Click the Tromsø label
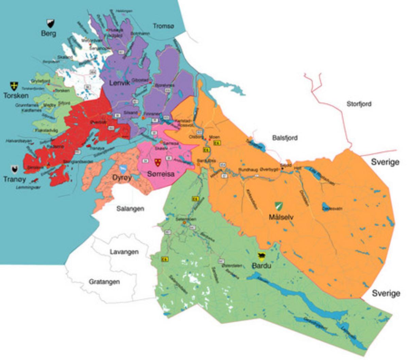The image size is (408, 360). coord(163,26)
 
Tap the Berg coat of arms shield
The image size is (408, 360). coord(50,23)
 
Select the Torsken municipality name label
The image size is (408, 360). coord(16,96)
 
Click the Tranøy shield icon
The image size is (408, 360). coord(14,169)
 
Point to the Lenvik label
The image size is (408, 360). coord(119,83)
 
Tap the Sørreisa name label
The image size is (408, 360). coord(161,174)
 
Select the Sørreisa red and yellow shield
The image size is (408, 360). coord(157,162)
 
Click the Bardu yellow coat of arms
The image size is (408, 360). coord(261,256)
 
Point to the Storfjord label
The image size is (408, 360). coord(359,104)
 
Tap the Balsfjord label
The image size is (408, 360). coord(285,138)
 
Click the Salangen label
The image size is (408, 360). coord(130,209)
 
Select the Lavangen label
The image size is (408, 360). coord(124,252)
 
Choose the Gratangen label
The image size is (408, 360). coord(104,282)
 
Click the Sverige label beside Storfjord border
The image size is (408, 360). coord(385,162)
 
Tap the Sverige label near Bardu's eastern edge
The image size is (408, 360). coord(386,293)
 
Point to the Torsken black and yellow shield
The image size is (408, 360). coord(14,85)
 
